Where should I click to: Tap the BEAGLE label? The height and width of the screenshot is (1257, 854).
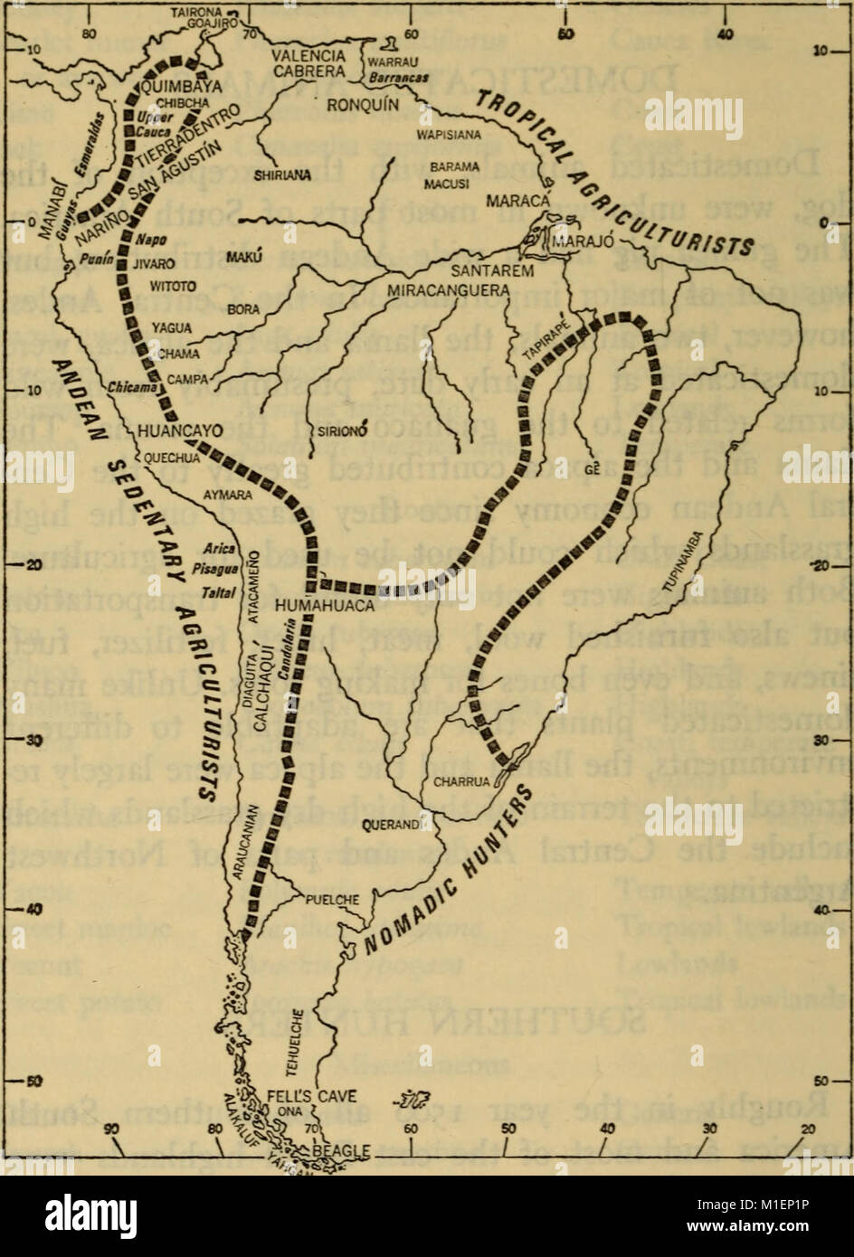point(341,1149)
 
